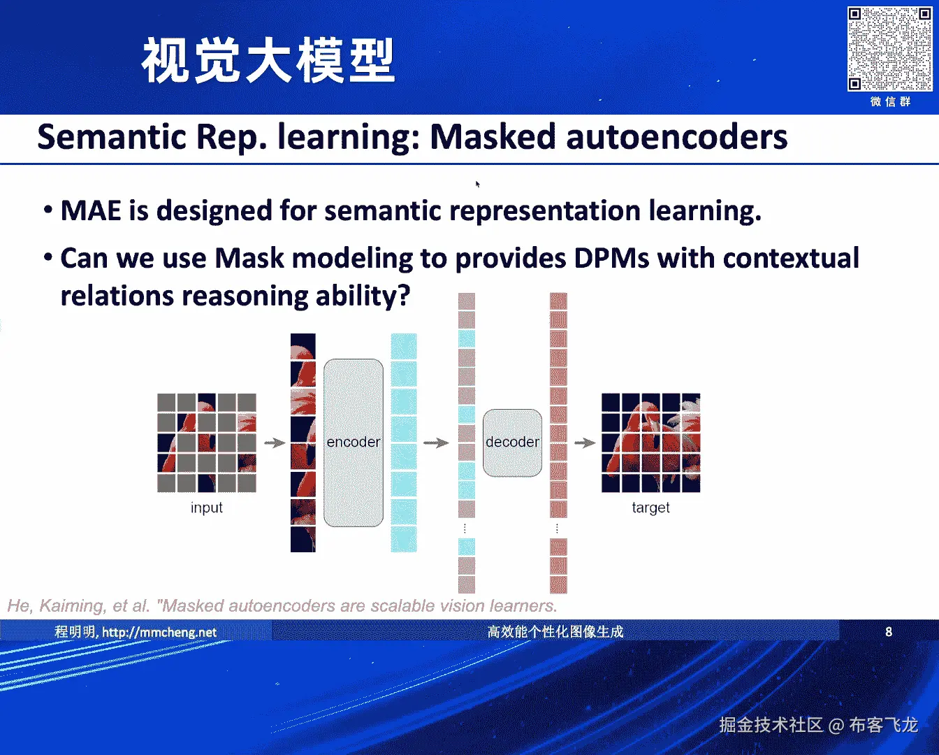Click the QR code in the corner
click(x=889, y=49)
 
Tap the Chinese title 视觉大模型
click(x=268, y=62)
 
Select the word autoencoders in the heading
click(x=676, y=136)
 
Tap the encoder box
click(x=354, y=443)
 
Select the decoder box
click(x=512, y=443)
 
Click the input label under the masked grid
click(x=206, y=508)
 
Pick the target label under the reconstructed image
click(x=650, y=508)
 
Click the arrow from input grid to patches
click(x=275, y=443)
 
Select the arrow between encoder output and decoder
click(x=436, y=443)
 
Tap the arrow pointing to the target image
click(x=585, y=443)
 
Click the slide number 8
click(x=889, y=632)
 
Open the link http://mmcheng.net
click(x=159, y=633)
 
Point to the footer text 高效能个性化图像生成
click(x=555, y=632)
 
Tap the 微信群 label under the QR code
click(x=890, y=102)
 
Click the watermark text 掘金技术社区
click(x=771, y=725)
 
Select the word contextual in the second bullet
click(x=791, y=258)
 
